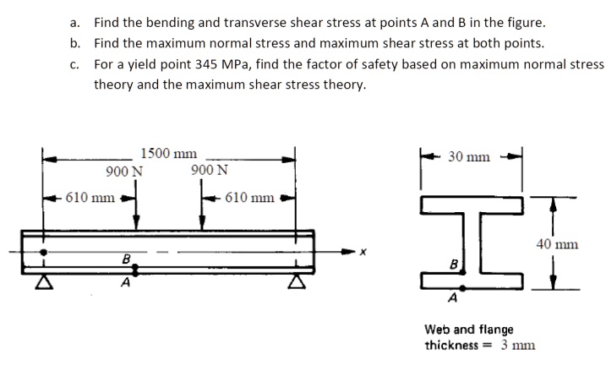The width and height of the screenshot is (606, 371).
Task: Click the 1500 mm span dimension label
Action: pyautogui.click(x=169, y=154)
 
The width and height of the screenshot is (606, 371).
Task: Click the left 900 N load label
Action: pyautogui.click(x=124, y=171)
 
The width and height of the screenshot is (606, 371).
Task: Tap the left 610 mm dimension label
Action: pyautogui.click(x=90, y=199)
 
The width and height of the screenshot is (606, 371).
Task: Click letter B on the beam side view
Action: pyautogui.click(x=127, y=257)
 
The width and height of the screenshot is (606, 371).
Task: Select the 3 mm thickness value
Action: pyautogui.click(x=517, y=345)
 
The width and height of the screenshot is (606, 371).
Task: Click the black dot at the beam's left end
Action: pyautogui.click(x=45, y=252)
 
